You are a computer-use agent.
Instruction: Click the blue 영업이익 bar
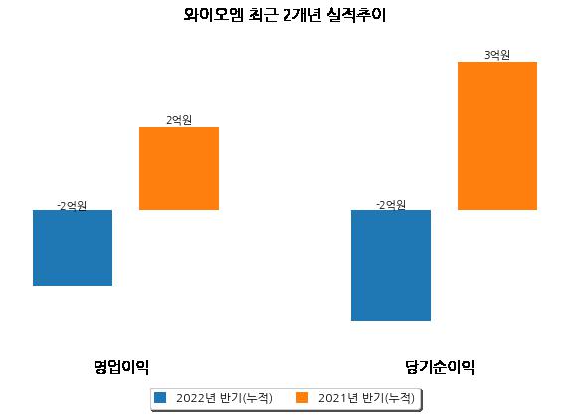(73, 248)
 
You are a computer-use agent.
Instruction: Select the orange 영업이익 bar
(179, 168)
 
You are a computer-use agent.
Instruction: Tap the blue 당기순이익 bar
(391, 266)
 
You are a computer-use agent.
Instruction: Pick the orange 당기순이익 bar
(497, 135)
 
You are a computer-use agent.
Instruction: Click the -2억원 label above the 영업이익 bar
(72, 206)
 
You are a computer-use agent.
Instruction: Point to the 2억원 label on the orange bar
(179, 120)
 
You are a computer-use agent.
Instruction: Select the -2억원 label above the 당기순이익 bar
(391, 205)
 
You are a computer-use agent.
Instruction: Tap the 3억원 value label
(497, 55)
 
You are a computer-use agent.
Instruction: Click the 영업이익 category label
(121, 367)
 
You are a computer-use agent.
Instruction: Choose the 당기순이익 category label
(440, 367)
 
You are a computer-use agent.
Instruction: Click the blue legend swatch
(160, 397)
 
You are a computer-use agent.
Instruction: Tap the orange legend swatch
(302, 397)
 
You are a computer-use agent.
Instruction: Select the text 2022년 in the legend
(196, 398)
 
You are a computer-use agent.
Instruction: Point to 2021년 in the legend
(338, 398)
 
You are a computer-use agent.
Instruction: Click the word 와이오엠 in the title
(213, 15)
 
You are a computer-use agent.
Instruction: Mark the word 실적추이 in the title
(356, 15)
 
